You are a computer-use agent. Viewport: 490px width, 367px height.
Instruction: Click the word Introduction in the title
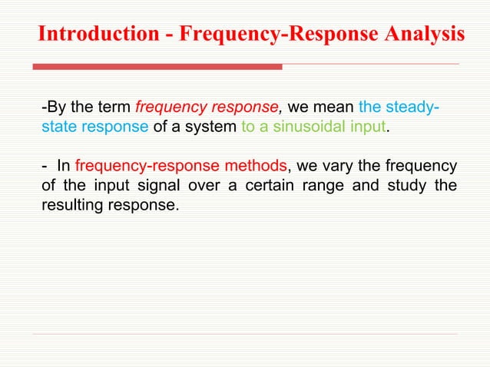point(93,35)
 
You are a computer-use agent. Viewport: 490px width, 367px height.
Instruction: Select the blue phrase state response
point(94,127)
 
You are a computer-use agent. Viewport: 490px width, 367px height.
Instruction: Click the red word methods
point(255,167)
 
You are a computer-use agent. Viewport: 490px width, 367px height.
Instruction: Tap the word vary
point(332,167)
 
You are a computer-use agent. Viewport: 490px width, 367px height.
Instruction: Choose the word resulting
point(69,206)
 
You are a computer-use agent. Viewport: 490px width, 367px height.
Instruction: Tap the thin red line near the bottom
point(246,334)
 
